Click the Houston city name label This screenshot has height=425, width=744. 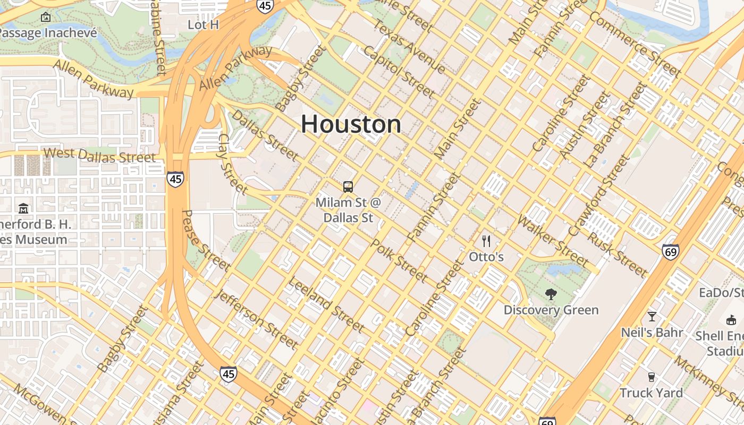tap(351, 124)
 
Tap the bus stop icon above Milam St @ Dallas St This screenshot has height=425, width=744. tap(348, 186)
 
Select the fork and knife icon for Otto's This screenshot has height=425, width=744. tap(486, 241)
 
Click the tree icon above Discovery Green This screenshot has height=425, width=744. tap(551, 294)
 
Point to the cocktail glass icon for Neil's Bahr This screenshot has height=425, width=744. tap(652, 317)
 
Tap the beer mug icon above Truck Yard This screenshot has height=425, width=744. tap(651, 377)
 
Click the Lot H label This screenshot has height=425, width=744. tap(204, 24)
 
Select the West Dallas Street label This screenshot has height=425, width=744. tap(99, 155)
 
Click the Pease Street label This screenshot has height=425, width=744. tap(206, 241)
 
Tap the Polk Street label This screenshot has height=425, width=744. tap(399, 260)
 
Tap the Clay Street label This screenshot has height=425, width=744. tap(233, 164)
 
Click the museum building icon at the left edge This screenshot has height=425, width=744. tap(23, 208)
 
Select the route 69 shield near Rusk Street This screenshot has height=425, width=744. tap(670, 252)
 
